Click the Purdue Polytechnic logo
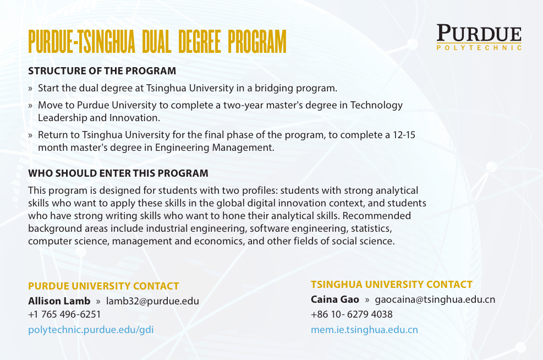point(479,37)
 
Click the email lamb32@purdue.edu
point(153,301)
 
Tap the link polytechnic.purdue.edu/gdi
point(91,330)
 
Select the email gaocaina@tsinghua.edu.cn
point(435,299)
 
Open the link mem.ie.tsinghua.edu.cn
point(364,330)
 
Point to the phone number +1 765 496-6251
point(64,315)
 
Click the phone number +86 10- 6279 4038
point(352,315)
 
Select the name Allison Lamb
point(59,301)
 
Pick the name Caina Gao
point(335,299)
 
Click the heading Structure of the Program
point(102,71)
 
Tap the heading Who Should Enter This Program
point(118,173)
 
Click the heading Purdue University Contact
point(103,286)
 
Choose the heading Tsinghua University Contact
point(392,285)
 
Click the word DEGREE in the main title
point(200,42)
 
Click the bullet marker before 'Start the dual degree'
point(30,89)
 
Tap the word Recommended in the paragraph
point(377,216)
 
